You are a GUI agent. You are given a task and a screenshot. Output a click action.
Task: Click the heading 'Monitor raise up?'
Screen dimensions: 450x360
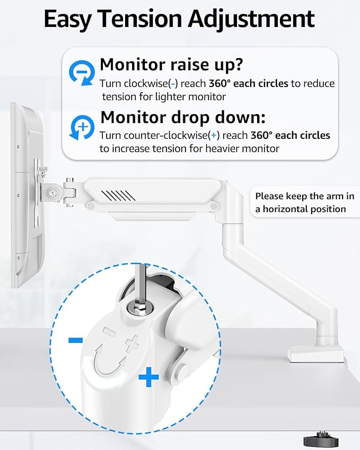[x=171, y=65]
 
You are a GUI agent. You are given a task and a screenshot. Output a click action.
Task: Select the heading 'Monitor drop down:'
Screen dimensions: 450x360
[x=183, y=117]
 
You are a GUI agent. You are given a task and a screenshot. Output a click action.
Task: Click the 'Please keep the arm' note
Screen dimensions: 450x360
[x=304, y=196]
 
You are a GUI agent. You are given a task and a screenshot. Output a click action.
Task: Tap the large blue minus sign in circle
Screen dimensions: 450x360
[x=75, y=340]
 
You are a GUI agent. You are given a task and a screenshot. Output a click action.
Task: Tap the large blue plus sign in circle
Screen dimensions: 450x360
[x=149, y=378]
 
